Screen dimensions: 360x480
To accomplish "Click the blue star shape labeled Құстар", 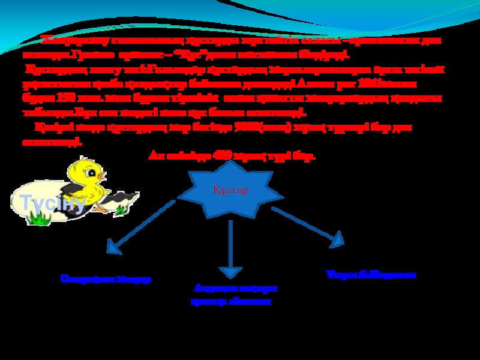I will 230,190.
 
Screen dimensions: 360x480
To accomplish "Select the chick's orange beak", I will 104,176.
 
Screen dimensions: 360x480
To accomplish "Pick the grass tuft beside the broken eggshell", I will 122,209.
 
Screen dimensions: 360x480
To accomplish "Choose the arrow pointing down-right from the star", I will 309,226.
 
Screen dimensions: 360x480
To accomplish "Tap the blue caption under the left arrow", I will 106,279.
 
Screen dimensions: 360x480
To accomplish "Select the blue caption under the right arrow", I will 371,274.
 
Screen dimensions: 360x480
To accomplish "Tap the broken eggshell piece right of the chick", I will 126,197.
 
